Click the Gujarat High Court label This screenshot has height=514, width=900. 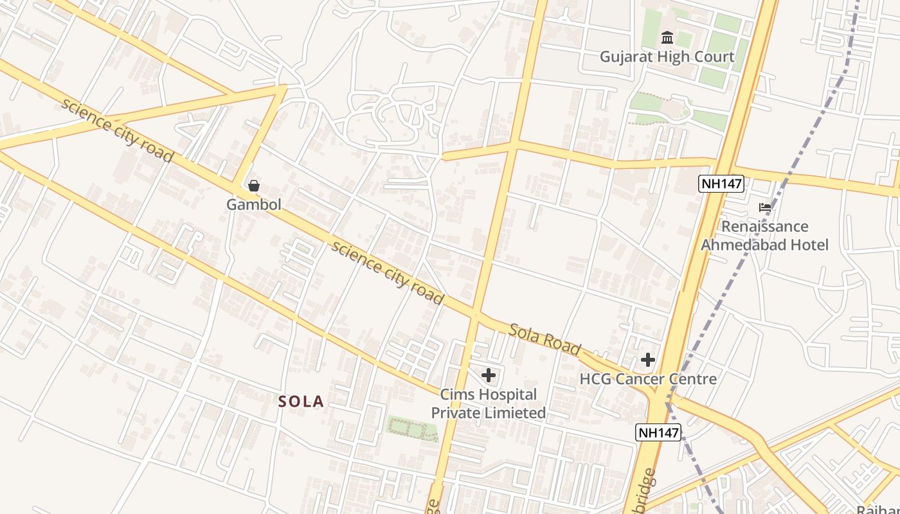[667, 57]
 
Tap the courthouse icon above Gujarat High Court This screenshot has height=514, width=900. [667, 37]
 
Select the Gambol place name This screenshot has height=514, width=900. [254, 205]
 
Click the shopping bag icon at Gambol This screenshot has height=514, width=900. [254, 186]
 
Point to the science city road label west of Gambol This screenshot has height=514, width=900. [118, 130]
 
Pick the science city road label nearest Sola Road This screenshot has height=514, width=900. [387, 272]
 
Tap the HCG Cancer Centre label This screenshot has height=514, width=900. [648, 379]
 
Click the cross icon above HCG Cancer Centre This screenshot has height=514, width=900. [648, 360]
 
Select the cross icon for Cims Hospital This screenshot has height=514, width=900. [489, 375]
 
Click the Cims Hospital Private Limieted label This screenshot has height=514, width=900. [489, 403]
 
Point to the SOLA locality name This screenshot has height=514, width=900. [301, 402]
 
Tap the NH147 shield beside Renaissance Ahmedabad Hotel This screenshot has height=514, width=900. [721, 184]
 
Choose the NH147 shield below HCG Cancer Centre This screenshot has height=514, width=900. [658, 432]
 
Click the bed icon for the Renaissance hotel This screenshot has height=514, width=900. [765, 208]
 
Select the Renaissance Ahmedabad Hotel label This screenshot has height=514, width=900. [765, 236]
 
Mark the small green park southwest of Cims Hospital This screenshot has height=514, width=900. [411, 429]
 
